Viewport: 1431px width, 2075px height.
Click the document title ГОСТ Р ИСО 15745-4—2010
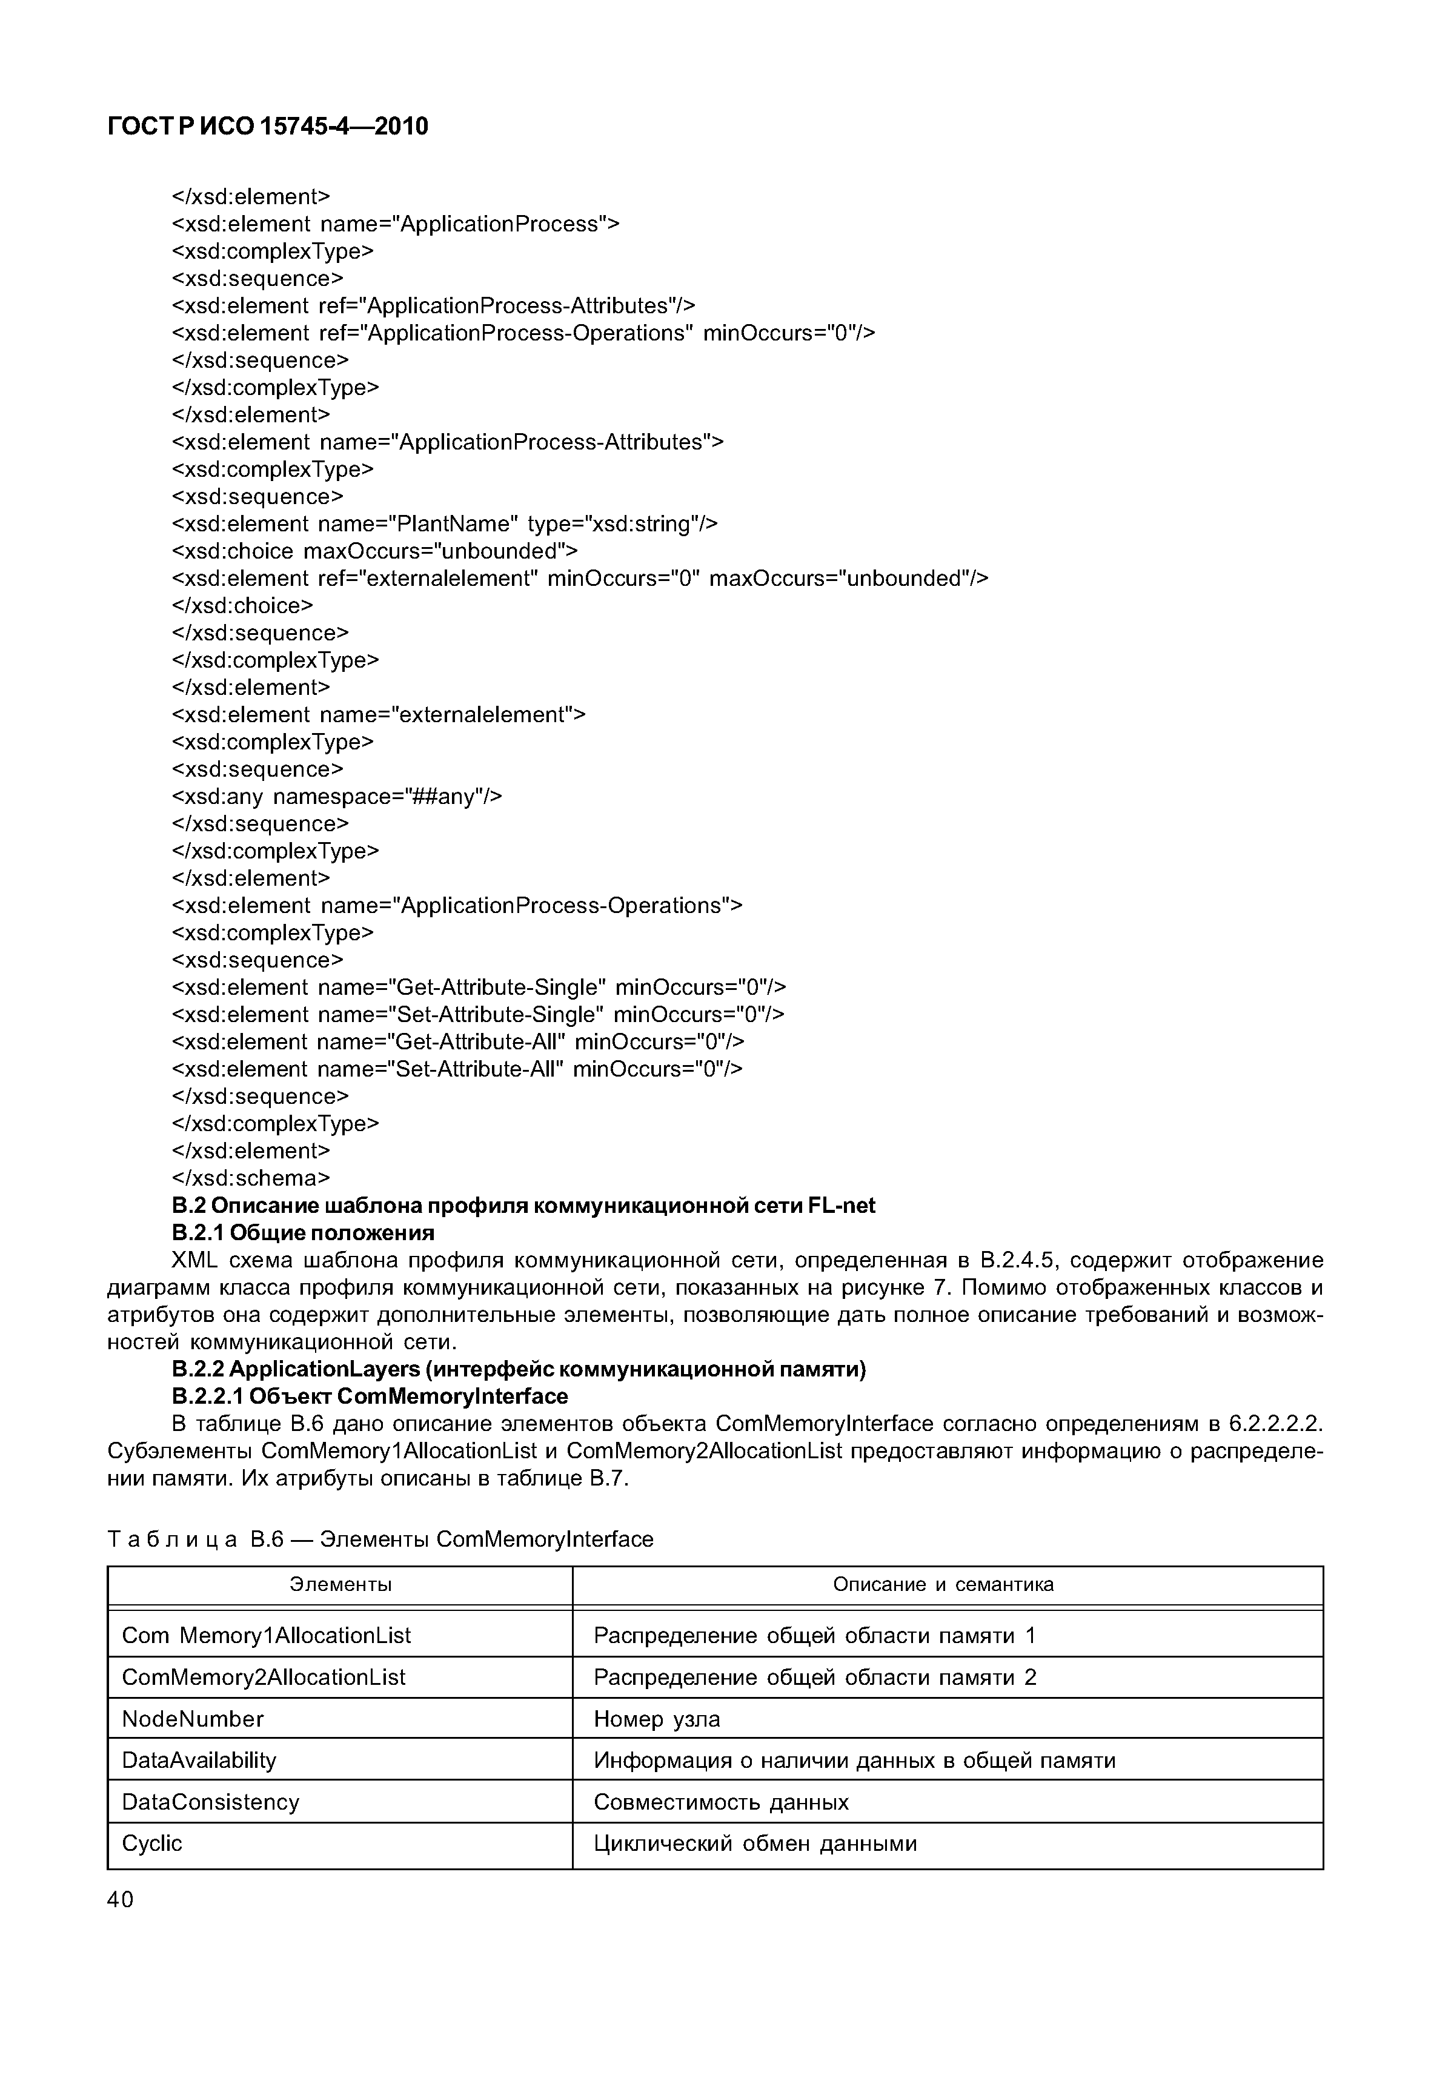(267, 127)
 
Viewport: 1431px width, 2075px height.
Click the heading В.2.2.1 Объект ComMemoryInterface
(370, 1396)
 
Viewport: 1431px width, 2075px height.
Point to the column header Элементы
(340, 1584)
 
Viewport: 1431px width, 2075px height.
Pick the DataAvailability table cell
(199, 1760)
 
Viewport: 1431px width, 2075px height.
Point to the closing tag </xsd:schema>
(250, 1177)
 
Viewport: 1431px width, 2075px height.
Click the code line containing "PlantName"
(444, 523)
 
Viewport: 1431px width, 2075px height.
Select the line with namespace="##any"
(336, 796)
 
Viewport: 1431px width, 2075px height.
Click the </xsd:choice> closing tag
(242, 605)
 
